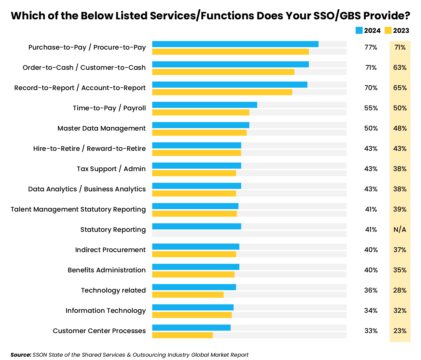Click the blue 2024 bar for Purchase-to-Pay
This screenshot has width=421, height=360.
(235, 44)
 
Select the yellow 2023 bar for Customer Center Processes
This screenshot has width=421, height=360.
(182, 335)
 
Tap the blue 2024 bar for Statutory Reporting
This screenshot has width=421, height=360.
(196, 226)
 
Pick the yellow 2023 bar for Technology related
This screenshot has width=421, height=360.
(188, 295)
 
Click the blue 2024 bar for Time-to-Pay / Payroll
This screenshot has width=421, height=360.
(205, 105)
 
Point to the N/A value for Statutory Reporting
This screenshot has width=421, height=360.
(400, 230)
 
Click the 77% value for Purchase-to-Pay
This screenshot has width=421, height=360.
(371, 47)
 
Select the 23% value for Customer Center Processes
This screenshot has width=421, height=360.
(400, 331)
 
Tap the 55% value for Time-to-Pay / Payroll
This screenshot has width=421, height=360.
(371, 108)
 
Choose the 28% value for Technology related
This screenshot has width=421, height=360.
(400, 290)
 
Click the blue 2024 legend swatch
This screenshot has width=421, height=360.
(359, 31)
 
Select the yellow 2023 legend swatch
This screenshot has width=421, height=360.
(388, 31)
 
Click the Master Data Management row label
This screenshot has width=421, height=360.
(102, 128)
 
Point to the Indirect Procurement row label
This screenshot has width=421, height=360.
(110, 250)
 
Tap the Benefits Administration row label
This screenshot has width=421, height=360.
(106, 270)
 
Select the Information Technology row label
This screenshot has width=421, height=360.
(105, 311)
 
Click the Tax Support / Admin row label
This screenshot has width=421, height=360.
(111, 169)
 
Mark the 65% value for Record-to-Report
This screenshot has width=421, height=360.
(400, 88)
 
